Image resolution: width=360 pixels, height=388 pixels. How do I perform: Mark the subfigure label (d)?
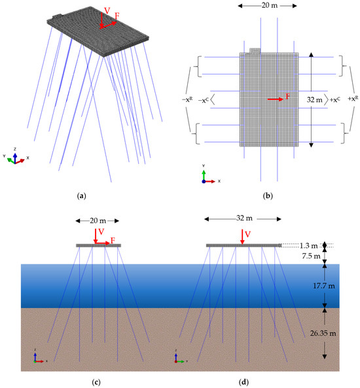[243, 378]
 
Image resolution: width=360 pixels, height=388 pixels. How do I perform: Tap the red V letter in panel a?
[106, 10]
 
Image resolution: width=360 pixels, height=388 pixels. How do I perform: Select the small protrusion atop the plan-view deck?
[255, 50]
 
